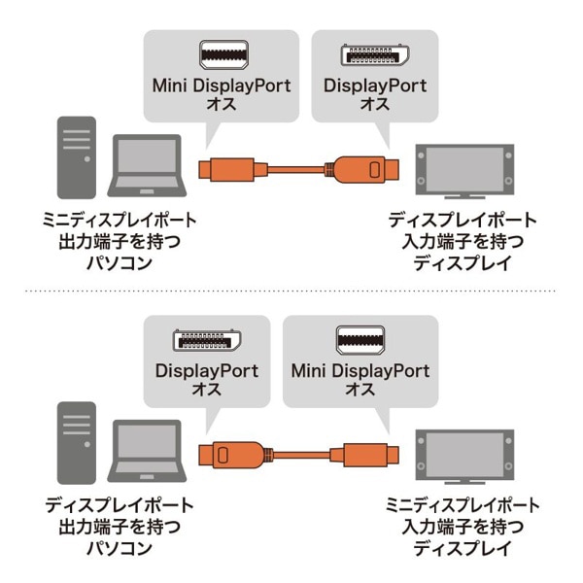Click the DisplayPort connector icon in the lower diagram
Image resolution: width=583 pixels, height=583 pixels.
pos(206,342)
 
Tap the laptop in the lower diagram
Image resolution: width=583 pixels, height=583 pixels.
pos(147,453)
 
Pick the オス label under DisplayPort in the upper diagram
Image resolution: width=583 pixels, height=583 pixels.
pos(374,104)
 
